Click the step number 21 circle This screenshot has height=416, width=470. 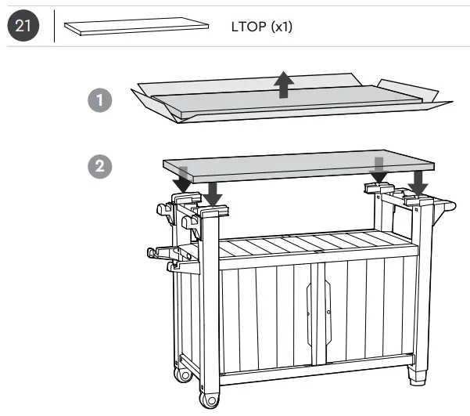(x=21, y=27)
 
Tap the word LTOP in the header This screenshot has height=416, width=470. (x=249, y=27)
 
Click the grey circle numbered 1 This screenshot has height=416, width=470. (x=99, y=100)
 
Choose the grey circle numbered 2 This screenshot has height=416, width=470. (x=99, y=167)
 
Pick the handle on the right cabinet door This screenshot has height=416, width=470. (x=328, y=313)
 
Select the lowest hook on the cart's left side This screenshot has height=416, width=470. (x=161, y=252)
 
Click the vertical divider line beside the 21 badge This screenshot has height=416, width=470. (x=54, y=27)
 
